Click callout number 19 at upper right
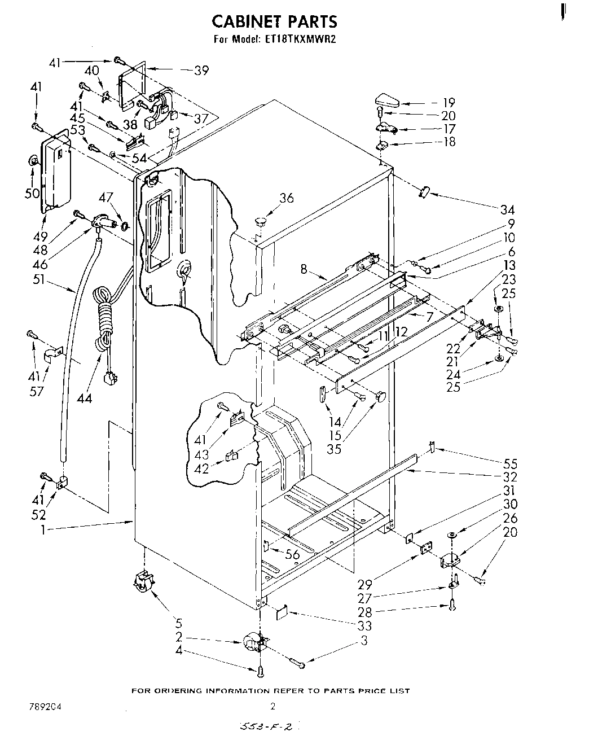click(449, 103)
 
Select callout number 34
click(508, 210)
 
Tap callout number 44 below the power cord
click(85, 398)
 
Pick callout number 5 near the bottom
click(179, 624)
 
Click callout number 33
click(365, 625)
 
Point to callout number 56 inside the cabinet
click(292, 555)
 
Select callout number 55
click(509, 464)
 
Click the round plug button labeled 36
click(260, 218)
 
